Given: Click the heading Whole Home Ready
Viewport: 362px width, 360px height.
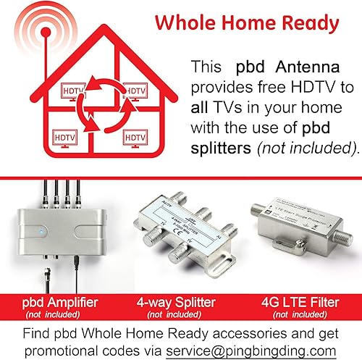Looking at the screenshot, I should [246, 24].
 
